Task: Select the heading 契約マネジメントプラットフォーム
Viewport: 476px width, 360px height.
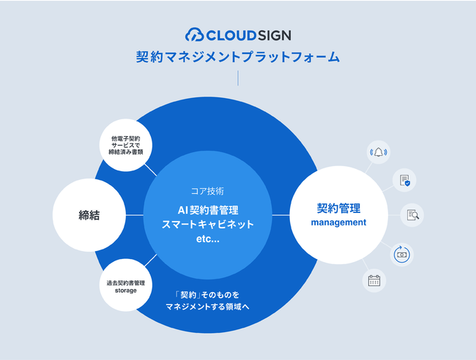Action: point(238,57)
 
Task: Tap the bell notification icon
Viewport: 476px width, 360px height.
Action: point(379,152)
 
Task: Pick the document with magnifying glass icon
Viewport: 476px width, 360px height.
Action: point(413,215)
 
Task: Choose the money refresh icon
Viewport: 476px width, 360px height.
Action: point(402,254)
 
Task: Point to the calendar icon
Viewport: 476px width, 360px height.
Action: point(374,280)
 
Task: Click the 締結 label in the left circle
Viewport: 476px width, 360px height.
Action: point(89,215)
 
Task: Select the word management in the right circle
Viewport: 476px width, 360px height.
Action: point(338,222)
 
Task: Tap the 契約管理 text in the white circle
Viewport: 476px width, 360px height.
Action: point(338,207)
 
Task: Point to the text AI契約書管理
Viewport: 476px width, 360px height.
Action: point(208,209)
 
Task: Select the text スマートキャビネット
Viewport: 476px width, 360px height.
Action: point(208,225)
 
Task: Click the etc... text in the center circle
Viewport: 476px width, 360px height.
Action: point(208,241)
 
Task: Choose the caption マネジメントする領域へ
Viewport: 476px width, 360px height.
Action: point(208,307)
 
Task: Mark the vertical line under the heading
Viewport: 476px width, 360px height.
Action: point(238,78)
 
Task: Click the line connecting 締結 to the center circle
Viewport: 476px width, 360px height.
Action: point(135,215)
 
